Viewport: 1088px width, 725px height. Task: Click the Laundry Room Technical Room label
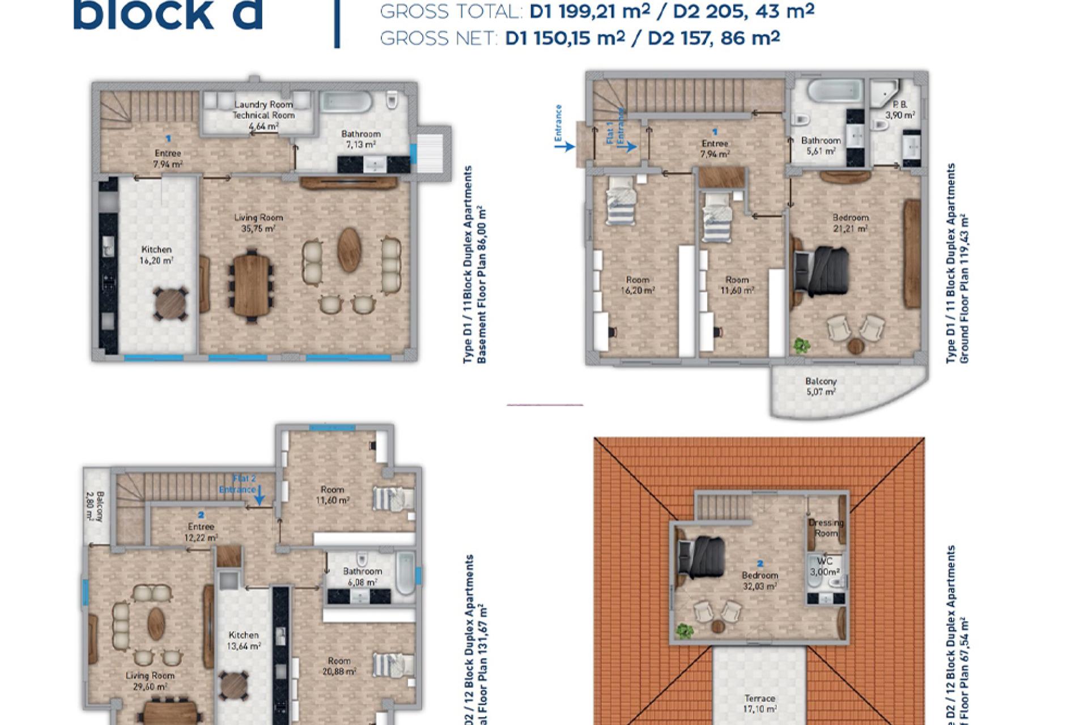click(263, 110)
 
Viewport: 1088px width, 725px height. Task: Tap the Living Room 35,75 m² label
click(258, 223)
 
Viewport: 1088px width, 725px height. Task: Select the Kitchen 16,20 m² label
click(156, 255)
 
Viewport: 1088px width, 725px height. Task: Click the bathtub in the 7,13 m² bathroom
click(346, 102)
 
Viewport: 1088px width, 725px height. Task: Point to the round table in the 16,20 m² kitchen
click(171, 304)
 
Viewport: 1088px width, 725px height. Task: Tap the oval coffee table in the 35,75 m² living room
click(350, 250)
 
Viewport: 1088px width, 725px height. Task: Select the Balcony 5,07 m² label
click(821, 386)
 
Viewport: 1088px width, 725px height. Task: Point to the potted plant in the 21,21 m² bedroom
click(801, 345)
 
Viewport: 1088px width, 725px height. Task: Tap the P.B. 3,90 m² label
click(900, 110)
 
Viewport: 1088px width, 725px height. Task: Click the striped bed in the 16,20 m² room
click(620, 201)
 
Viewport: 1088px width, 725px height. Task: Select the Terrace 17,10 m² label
click(759, 703)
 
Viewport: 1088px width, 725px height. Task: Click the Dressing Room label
click(826, 528)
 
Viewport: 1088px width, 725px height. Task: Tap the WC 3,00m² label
click(824, 566)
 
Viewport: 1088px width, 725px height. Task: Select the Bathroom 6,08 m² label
click(362, 577)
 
